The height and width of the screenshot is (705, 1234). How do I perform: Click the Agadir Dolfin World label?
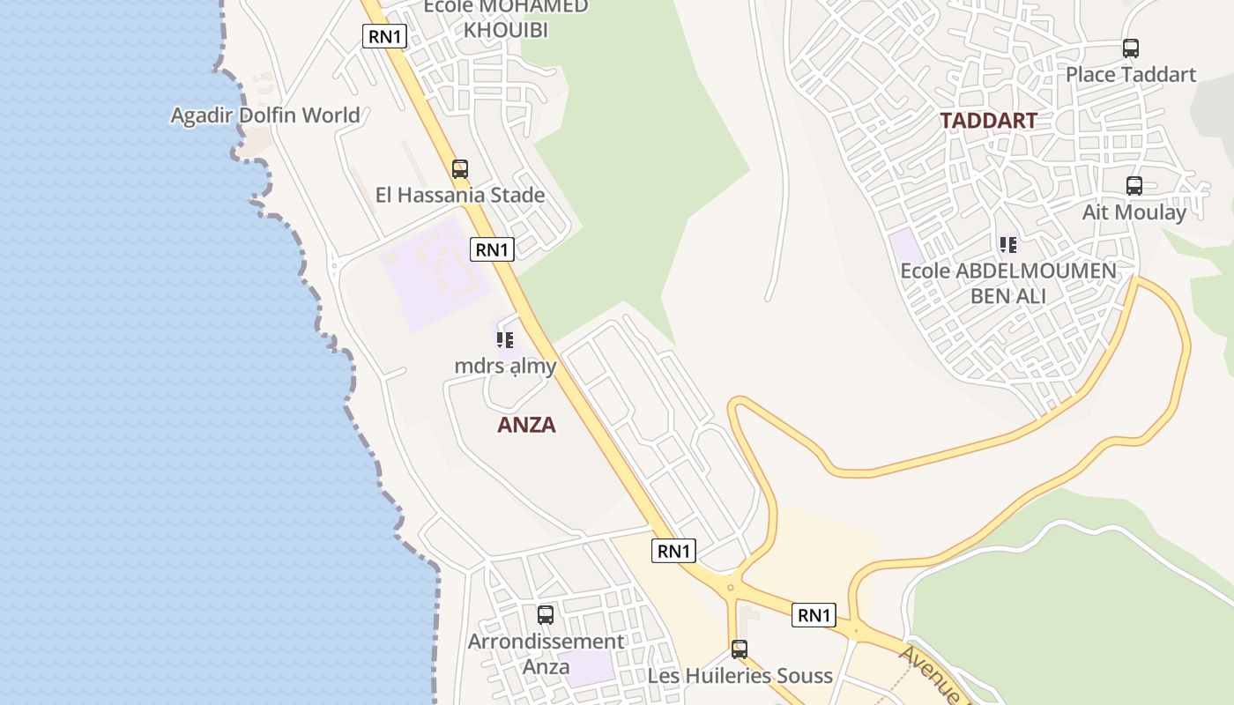264,115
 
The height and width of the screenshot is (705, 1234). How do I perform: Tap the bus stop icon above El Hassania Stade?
460,169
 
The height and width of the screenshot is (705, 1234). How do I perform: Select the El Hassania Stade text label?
460,195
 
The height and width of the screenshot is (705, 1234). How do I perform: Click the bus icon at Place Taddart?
1131,49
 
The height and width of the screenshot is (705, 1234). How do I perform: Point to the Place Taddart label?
1131,75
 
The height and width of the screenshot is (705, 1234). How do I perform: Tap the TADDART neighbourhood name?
988,121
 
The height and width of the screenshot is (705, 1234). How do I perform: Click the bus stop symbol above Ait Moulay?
1134,186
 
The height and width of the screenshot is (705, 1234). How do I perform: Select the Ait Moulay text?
1134,212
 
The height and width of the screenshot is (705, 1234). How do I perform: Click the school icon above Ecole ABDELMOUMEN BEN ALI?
1008,244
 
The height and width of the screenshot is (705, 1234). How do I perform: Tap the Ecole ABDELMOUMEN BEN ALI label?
1008,283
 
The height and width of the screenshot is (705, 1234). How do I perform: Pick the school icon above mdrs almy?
505,339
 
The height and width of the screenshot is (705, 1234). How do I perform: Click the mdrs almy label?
505,366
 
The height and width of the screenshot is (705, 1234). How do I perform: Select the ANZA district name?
526,425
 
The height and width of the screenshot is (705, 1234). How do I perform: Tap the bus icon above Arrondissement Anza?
546,615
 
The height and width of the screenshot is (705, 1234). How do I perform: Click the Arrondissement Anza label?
546,654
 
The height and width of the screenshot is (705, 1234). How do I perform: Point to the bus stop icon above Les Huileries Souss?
740,649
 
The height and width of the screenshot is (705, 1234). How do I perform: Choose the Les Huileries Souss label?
740,676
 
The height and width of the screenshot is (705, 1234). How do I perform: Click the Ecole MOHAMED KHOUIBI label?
506,18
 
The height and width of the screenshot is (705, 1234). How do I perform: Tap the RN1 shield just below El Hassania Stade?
492,249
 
